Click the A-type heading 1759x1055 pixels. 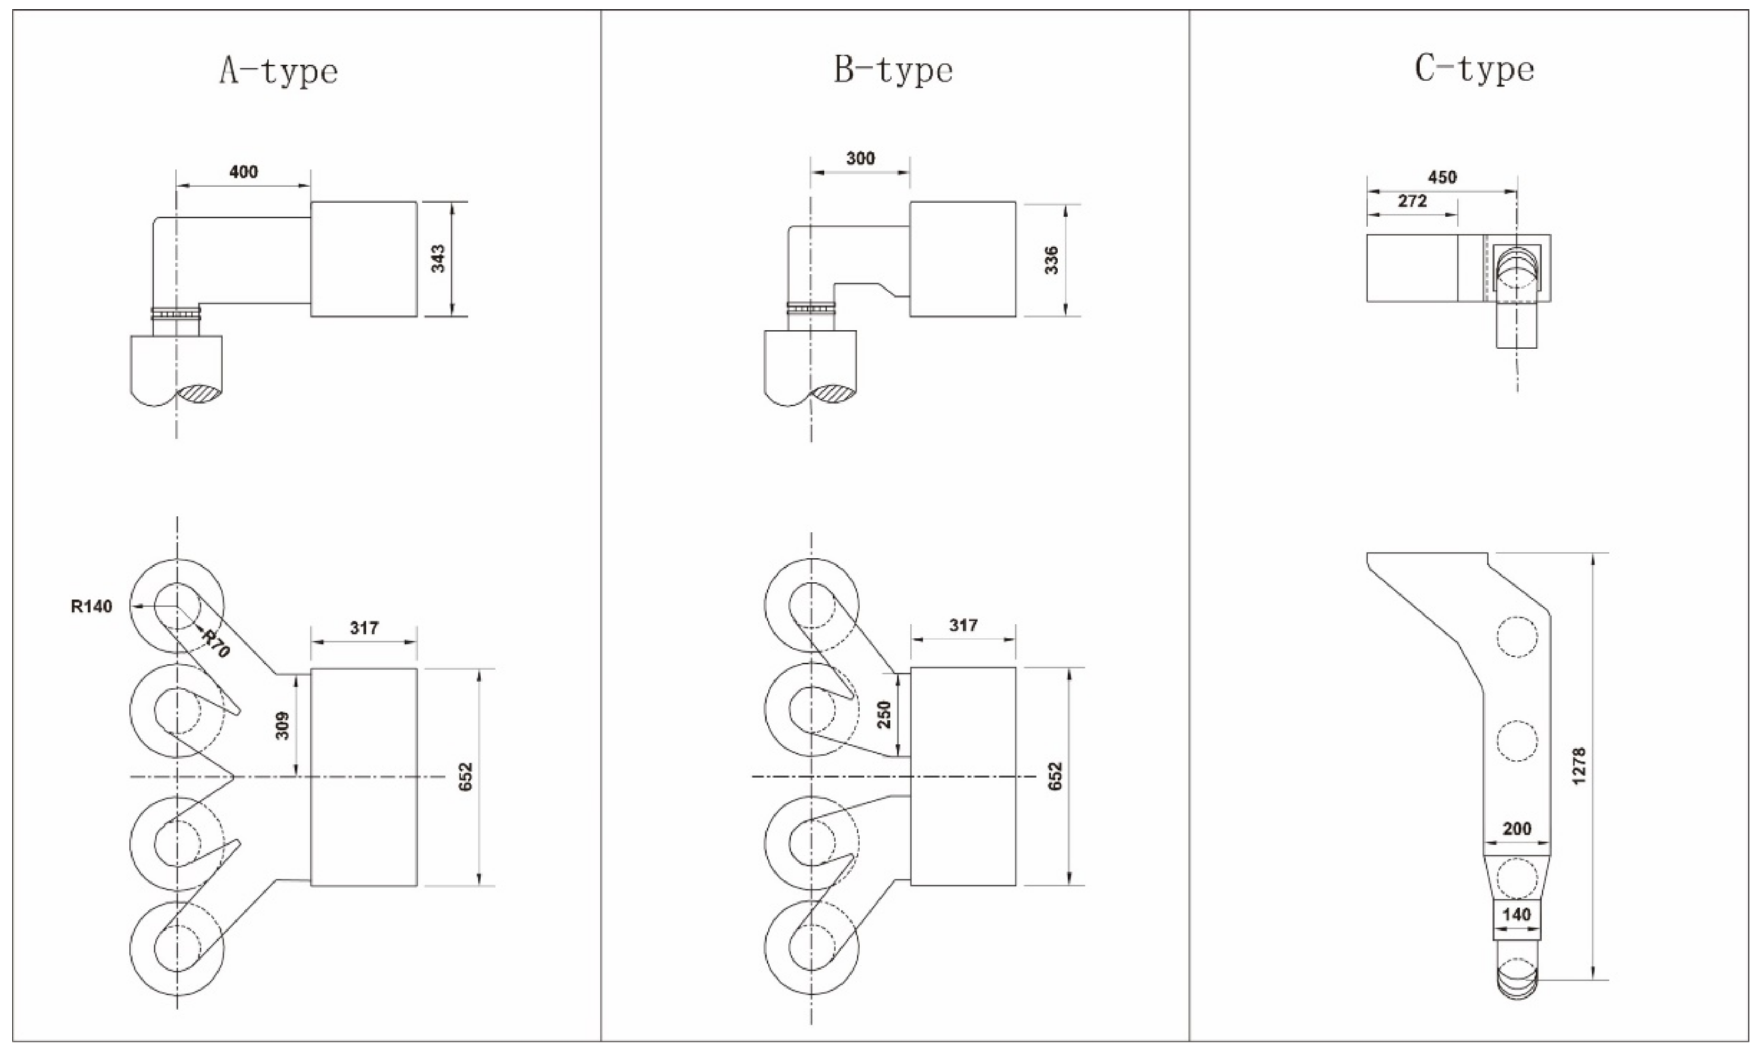(x=278, y=72)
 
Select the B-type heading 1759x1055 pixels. (x=893, y=70)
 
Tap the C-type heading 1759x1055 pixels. (x=1474, y=70)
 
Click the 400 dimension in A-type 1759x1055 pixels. (x=243, y=171)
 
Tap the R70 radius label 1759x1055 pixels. (x=215, y=644)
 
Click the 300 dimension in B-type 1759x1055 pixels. (x=860, y=158)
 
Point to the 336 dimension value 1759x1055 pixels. (x=1052, y=260)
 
